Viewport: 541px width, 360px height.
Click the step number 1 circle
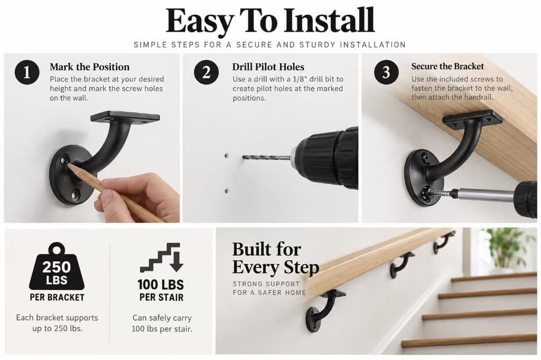(x=27, y=72)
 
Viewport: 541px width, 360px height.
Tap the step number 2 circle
(x=207, y=72)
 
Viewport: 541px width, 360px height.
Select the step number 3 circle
(x=386, y=72)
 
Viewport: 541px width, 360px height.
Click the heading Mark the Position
(x=89, y=67)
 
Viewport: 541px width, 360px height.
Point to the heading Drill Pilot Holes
(x=268, y=67)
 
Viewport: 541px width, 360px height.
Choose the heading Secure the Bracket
(x=447, y=66)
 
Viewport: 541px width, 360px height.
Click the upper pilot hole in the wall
(x=226, y=156)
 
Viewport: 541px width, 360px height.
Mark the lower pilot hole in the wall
(x=226, y=191)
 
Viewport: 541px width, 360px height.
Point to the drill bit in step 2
(x=266, y=158)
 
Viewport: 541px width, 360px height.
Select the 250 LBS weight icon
(x=57, y=266)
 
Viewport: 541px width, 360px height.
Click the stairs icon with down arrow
(x=161, y=258)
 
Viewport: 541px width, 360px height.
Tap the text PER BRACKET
(x=57, y=297)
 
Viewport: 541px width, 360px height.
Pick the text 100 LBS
(x=161, y=285)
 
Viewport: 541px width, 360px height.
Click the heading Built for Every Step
(x=275, y=258)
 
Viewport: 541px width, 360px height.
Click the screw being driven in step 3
(x=439, y=193)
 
